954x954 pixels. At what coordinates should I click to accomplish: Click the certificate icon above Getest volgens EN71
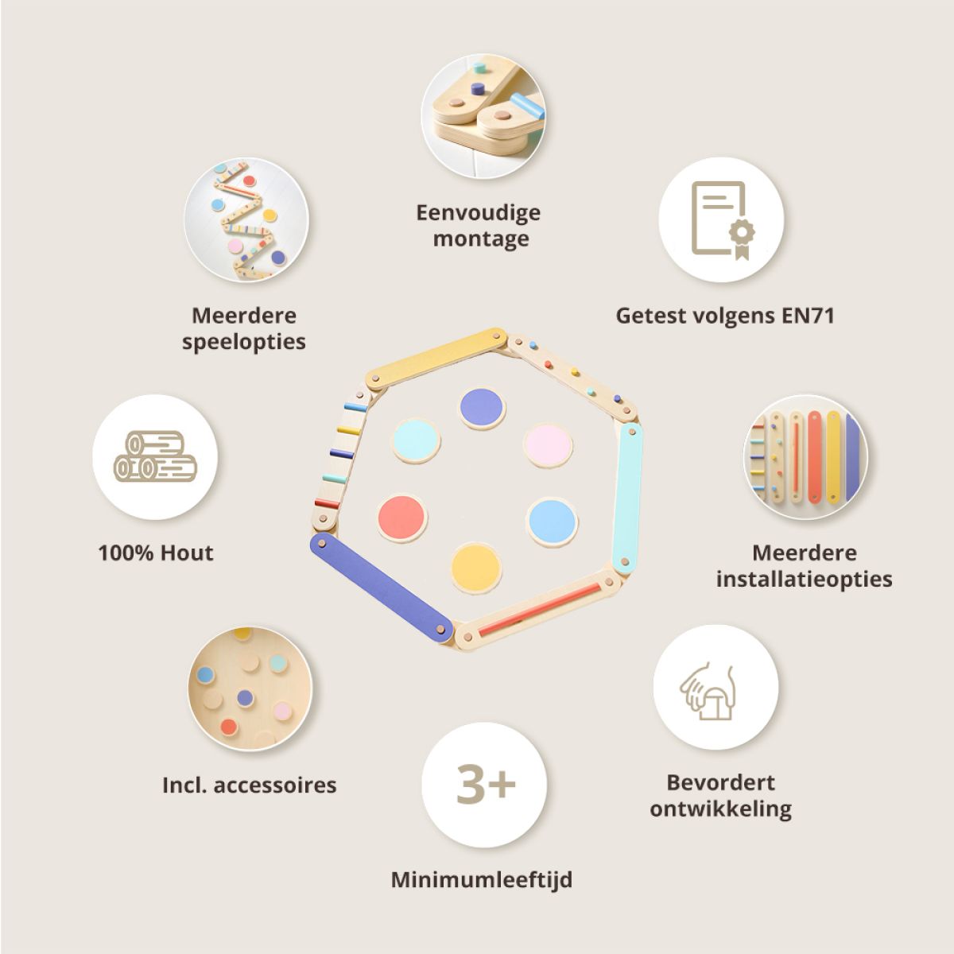tap(722, 220)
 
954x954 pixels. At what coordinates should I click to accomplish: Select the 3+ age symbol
tap(484, 784)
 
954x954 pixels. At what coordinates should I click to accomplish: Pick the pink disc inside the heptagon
tap(548, 446)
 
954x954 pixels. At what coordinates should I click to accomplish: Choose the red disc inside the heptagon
tap(402, 518)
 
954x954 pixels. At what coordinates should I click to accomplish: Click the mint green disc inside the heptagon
tap(417, 441)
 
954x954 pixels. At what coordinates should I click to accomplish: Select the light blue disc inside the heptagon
tap(552, 522)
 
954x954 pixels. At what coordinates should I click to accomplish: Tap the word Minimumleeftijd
tap(481, 880)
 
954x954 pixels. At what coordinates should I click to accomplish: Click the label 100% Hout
tap(156, 553)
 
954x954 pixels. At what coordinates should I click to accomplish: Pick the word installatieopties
tap(804, 579)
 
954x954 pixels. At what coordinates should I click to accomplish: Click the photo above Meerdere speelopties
tap(246, 220)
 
